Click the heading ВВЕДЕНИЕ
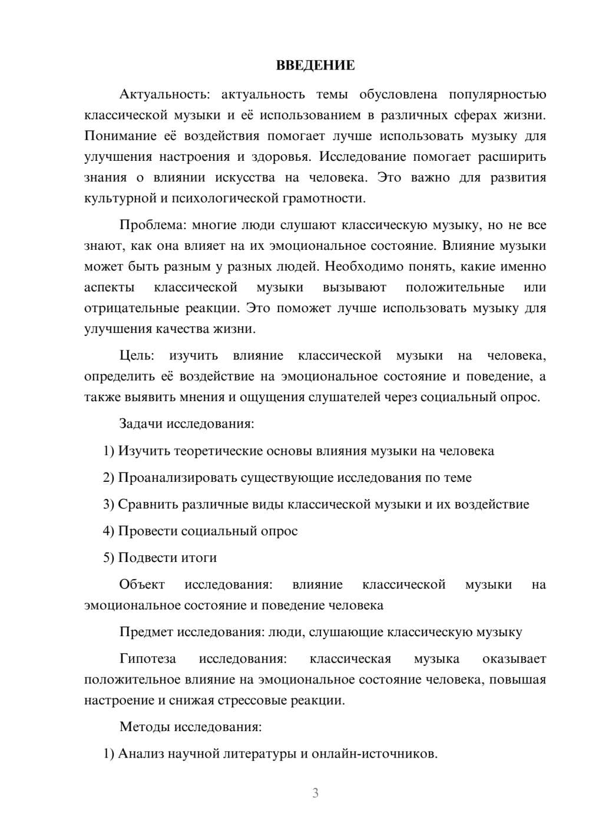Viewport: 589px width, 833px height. pos(315,65)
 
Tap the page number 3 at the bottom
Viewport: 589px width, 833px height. pos(315,793)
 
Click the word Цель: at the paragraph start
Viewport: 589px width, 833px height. pos(137,356)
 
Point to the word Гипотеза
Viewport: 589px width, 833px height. pos(148,659)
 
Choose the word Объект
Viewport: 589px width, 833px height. pos(142,584)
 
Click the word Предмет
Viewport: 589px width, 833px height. pos(146,632)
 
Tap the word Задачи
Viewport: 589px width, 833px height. pos(141,424)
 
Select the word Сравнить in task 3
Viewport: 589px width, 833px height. pos(147,504)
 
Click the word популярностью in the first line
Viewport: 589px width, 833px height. pos(497,95)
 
